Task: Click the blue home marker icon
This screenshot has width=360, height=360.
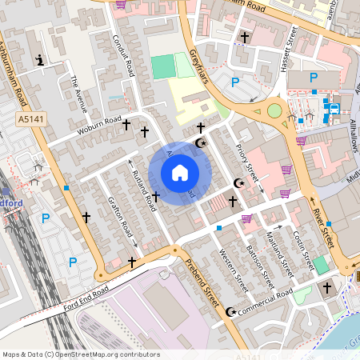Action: [179, 173]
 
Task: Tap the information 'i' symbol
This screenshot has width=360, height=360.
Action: [40, 60]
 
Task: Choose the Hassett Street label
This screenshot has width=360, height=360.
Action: [291, 42]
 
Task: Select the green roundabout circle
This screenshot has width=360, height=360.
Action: [274, 110]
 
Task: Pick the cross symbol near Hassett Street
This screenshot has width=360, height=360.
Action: [244, 37]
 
